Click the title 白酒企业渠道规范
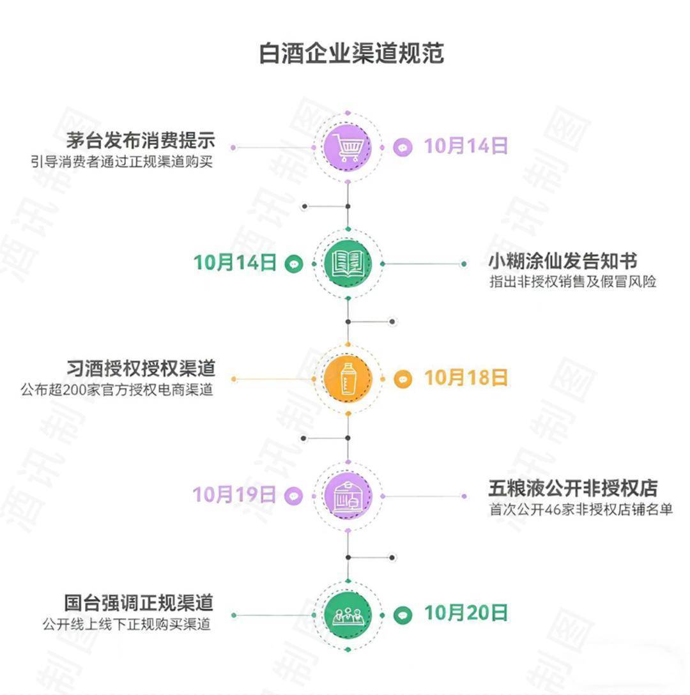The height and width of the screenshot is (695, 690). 351,54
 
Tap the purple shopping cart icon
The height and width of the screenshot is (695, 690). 348,147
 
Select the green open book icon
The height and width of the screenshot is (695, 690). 348,263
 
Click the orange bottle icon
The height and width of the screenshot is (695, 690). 348,379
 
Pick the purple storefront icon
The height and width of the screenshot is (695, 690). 348,496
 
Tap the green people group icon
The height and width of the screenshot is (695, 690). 348,615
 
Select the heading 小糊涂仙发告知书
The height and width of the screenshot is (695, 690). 562,261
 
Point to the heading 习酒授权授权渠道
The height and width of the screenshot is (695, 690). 141,369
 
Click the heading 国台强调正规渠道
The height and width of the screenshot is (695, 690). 139,602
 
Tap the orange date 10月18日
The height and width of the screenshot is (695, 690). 466,378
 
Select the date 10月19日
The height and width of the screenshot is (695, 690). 234,494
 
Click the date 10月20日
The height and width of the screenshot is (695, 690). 466,613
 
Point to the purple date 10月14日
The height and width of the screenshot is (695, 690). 466,146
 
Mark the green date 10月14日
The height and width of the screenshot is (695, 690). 234,262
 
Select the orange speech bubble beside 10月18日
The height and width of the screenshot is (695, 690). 402,379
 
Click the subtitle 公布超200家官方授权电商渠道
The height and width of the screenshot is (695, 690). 117,389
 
